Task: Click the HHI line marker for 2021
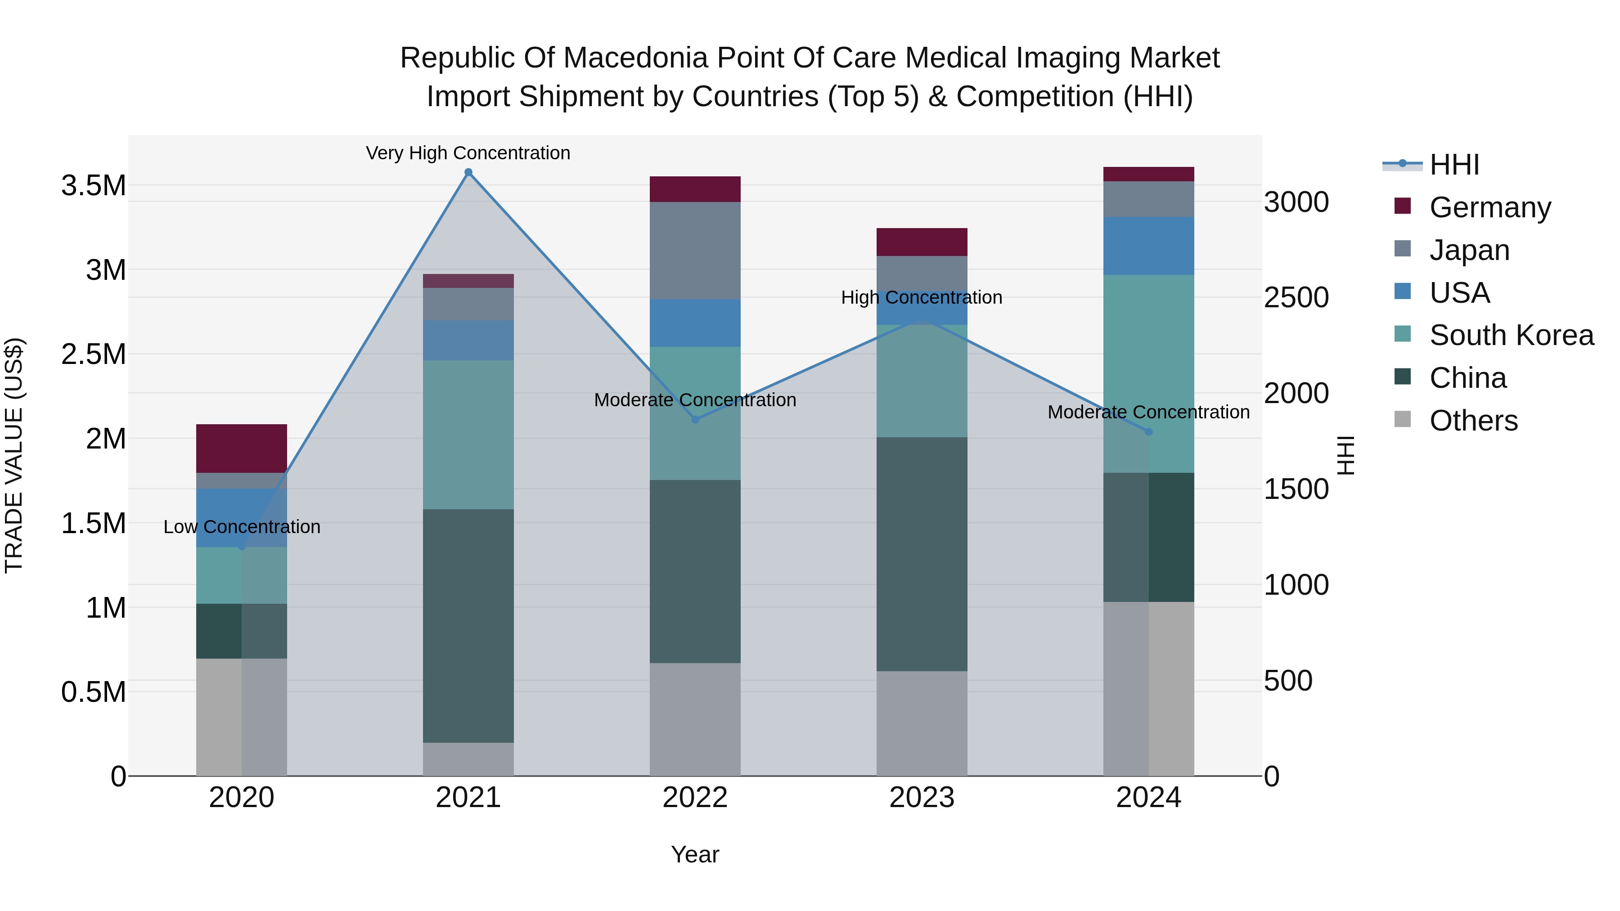point(468,172)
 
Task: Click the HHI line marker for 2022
point(695,419)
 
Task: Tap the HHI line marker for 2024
point(1148,432)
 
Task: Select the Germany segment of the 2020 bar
point(242,448)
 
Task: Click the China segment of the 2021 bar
point(468,626)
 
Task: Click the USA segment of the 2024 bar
point(1148,246)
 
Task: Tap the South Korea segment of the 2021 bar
point(468,435)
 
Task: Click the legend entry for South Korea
point(1511,335)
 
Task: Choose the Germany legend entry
point(1490,207)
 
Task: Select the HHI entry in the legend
point(1454,165)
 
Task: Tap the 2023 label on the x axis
point(921,798)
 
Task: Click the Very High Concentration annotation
point(468,153)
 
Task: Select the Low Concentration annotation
point(242,527)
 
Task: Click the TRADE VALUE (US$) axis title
point(14,455)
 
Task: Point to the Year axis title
point(695,854)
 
